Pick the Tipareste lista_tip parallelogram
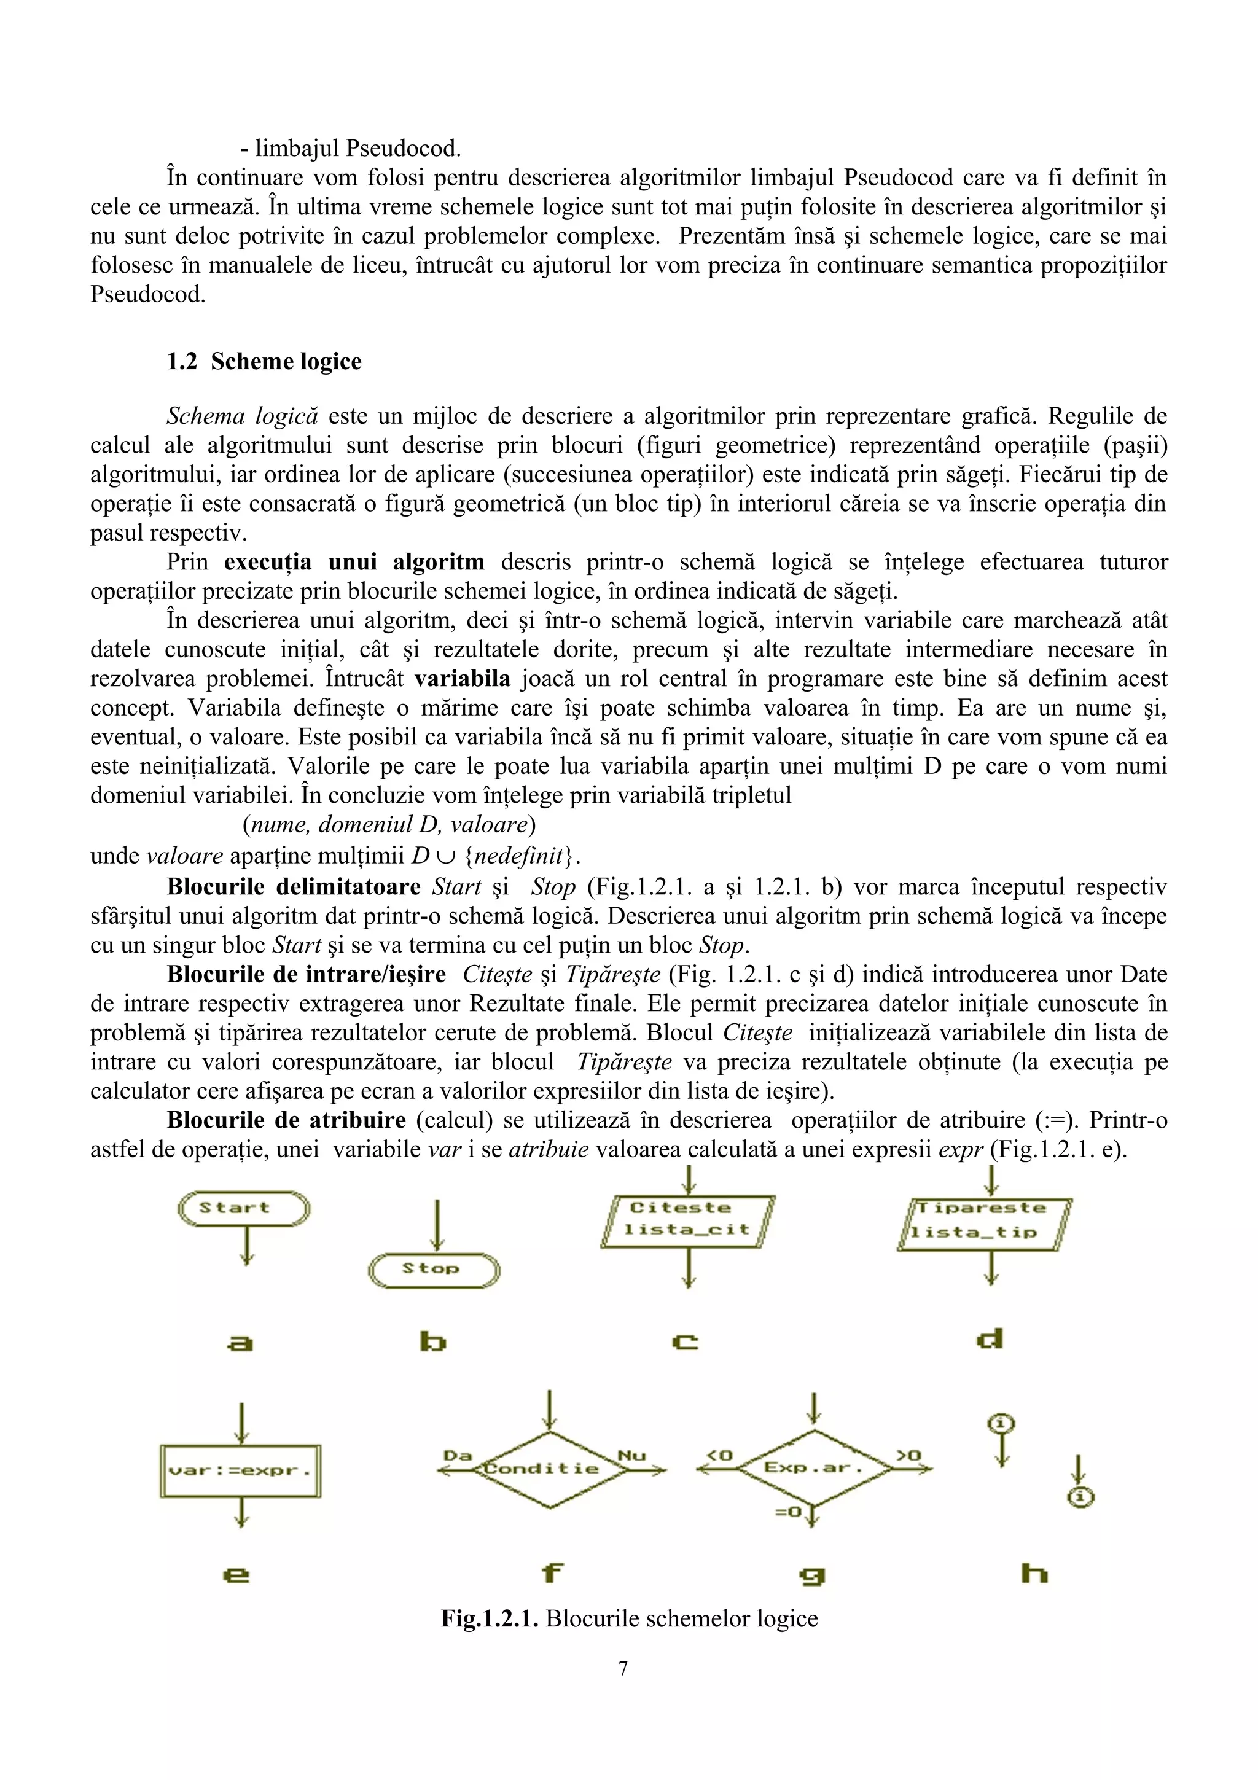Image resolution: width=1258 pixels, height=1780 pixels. click(985, 1222)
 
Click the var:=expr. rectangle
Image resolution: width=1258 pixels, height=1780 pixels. click(240, 1470)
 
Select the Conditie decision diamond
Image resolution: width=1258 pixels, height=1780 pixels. click(550, 1469)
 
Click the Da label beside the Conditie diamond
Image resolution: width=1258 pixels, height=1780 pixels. click(456, 1455)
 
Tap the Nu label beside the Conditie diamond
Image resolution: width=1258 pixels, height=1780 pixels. click(631, 1455)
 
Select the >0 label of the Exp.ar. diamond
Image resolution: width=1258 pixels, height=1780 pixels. click(908, 1455)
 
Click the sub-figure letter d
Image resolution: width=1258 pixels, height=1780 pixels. click(990, 1339)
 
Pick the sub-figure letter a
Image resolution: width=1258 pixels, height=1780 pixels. click(240, 1342)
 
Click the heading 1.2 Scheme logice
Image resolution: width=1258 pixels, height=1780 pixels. click(264, 361)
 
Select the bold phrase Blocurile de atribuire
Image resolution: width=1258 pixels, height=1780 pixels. click(286, 1120)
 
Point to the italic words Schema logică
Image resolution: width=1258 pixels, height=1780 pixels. click(242, 416)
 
